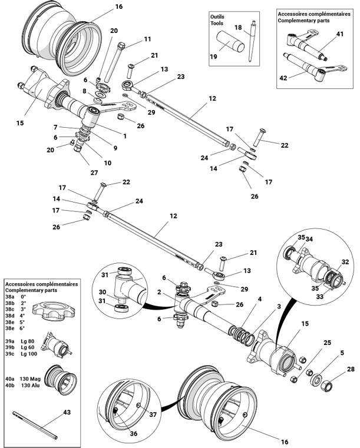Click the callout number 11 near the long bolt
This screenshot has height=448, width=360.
click(147, 39)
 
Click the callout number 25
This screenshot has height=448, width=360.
click(327, 343)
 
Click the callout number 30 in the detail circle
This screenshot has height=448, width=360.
click(101, 292)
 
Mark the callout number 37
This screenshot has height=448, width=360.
click(153, 414)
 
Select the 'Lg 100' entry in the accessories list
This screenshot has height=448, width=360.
click(28, 353)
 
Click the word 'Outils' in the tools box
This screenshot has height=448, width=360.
click(217, 17)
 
